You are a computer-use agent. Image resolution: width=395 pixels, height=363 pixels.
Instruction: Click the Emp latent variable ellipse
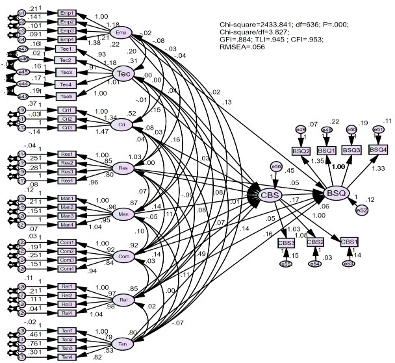(x=121, y=32)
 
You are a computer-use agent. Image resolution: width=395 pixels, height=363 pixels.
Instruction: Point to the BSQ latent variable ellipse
(x=336, y=192)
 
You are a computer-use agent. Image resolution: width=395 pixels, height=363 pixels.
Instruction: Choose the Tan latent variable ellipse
(x=121, y=343)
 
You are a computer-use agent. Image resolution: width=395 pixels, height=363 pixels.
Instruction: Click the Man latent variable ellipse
(x=121, y=213)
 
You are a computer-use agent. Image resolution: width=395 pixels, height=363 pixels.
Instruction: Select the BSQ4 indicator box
(x=378, y=150)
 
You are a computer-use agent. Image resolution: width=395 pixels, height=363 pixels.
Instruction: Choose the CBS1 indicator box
(x=349, y=242)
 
